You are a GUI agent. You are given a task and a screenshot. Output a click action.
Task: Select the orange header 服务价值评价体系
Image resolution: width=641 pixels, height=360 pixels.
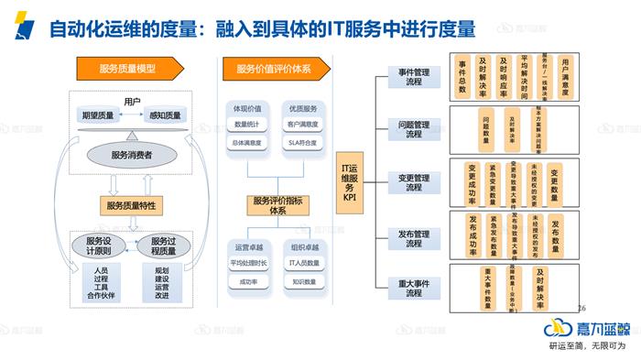pos(274,69)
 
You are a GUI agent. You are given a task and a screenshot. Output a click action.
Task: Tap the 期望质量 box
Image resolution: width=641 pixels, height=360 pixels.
pos(98,115)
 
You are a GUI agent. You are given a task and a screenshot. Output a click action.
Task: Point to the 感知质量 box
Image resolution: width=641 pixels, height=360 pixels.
pos(166,115)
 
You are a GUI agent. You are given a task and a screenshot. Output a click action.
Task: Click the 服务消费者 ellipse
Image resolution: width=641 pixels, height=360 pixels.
pos(131,155)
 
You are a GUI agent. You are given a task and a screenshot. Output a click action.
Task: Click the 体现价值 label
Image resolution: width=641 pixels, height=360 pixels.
pos(247,108)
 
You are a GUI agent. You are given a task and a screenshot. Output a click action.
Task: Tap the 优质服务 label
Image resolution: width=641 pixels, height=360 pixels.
pos(302,108)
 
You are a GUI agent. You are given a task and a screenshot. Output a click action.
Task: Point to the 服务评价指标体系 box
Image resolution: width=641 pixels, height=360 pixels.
pos(277,206)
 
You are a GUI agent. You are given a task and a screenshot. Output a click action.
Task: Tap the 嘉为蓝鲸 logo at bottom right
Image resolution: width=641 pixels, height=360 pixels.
pos(585,329)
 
